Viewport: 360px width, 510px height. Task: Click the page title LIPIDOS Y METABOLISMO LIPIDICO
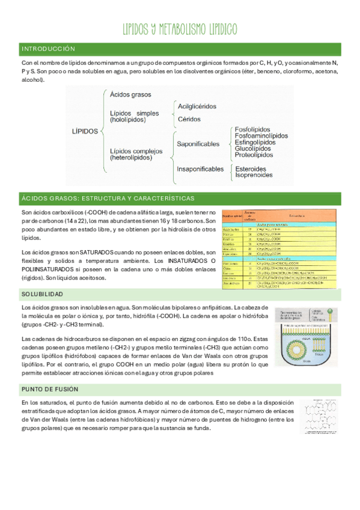point(180,29)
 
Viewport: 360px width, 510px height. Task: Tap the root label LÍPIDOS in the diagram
point(85,131)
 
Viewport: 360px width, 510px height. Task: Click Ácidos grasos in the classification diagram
point(130,94)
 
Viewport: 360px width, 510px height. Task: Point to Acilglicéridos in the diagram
point(197,106)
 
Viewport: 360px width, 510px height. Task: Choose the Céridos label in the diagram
point(189,119)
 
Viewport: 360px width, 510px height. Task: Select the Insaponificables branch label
point(200,169)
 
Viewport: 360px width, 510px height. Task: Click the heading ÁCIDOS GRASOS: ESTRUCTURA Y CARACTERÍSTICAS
point(108,198)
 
